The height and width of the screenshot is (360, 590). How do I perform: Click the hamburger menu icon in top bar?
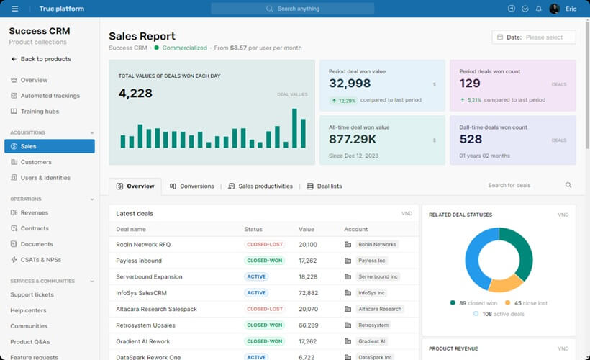click(14, 9)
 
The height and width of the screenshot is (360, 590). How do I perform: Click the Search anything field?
click(292, 9)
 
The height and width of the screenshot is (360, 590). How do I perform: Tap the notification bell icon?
click(539, 9)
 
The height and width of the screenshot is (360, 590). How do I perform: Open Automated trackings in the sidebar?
click(50, 96)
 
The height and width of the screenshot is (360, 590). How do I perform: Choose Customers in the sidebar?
click(36, 162)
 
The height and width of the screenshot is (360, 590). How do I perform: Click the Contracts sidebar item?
click(35, 228)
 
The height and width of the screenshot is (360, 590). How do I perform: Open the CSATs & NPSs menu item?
click(41, 260)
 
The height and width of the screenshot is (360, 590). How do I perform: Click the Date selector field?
click(534, 37)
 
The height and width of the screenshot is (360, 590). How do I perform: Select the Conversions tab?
click(192, 186)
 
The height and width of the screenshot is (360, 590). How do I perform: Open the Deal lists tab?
click(324, 186)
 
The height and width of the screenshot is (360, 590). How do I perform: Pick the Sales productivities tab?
click(260, 186)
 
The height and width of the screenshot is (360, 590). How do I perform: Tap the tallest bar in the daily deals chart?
click(294, 128)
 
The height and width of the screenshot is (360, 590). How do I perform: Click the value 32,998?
click(350, 84)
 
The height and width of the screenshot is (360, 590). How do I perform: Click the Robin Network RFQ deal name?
click(143, 245)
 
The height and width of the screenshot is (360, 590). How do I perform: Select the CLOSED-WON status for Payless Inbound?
click(265, 261)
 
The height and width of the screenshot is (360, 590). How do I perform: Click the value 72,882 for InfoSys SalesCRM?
click(309, 293)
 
